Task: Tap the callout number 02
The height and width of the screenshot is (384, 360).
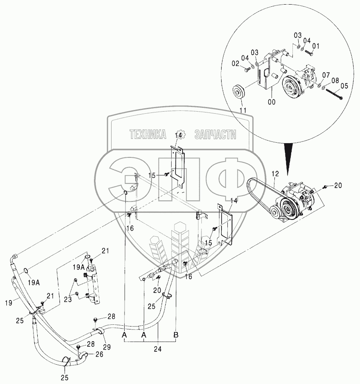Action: pyautogui.click(x=235, y=63)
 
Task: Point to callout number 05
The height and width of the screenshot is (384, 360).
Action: pyautogui.click(x=344, y=86)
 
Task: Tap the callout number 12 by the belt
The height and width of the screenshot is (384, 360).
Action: pyautogui.click(x=275, y=173)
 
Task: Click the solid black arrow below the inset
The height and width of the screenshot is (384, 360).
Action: pyautogui.click(x=289, y=158)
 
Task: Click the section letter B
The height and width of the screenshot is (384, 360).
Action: pyautogui.click(x=176, y=335)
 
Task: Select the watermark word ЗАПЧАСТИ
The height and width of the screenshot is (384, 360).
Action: pyautogui.click(x=215, y=135)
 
